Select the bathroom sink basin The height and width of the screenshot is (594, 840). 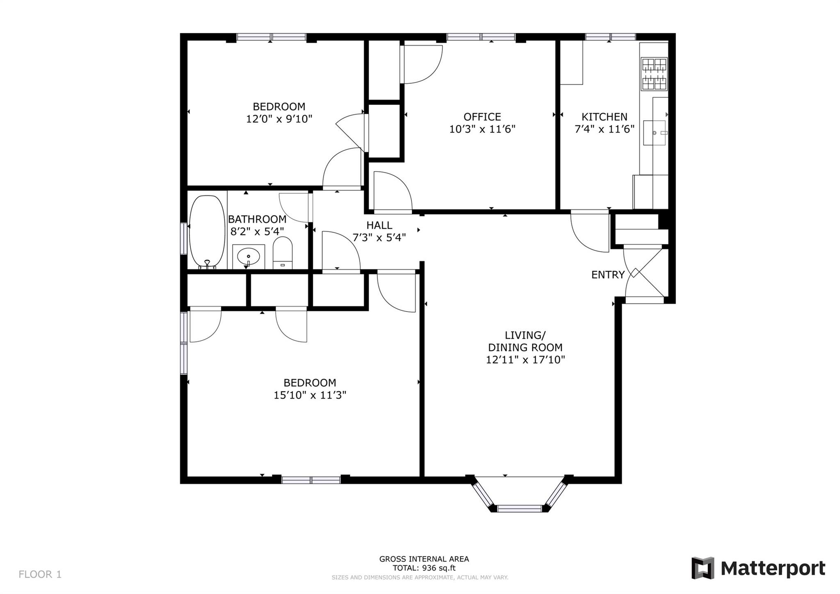pyautogui.click(x=249, y=257)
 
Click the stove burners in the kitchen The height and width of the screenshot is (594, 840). pyautogui.click(x=654, y=74)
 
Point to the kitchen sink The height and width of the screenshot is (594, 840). pyautogui.click(x=654, y=133)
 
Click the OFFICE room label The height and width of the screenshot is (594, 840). pyautogui.click(x=482, y=117)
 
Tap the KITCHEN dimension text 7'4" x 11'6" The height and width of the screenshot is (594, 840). pyautogui.click(x=604, y=129)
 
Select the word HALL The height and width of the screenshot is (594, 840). pyautogui.click(x=379, y=225)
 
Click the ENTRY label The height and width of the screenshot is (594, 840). pyautogui.click(x=607, y=275)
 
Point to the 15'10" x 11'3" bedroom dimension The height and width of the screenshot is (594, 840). pyautogui.click(x=310, y=395)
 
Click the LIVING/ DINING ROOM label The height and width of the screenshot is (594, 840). pyautogui.click(x=525, y=341)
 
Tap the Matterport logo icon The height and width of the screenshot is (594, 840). pyautogui.click(x=703, y=568)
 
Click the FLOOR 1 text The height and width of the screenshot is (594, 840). pyautogui.click(x=40, y=574)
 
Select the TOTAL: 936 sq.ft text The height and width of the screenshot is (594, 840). pyautogui.click(x=424, y=568)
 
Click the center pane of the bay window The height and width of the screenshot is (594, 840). pyautogui.click(x=519, y=508)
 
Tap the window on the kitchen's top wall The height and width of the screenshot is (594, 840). pyautogui.click(x=610, y=37)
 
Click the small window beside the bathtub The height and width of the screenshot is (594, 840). pyautogui.click(x=184, y=238)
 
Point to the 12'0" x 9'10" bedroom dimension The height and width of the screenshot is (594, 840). pyautogui.click(x=279, y=119)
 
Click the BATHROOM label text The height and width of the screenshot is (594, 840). pyautogui.click(x=257, y=219)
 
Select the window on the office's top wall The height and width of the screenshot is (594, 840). pyautogui.click(x=481, y=37)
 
